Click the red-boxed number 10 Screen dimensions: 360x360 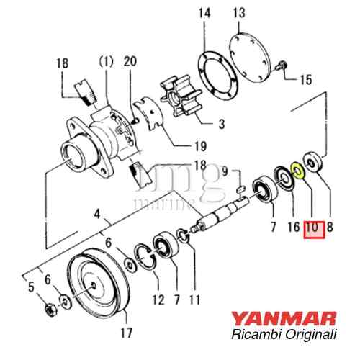[313, 229]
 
